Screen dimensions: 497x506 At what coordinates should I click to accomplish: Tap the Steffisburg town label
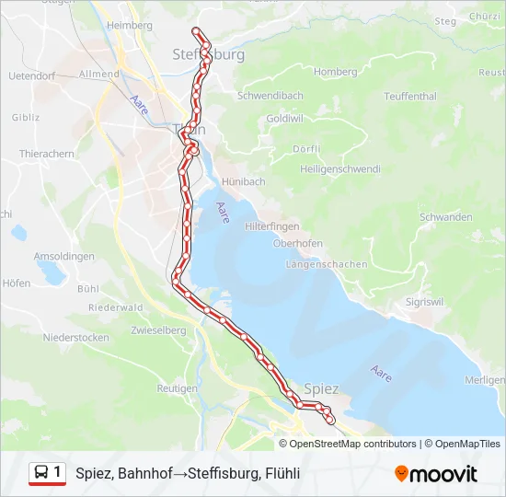click(x=209, y=55)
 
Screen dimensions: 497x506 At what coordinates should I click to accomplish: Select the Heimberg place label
click(x=130, y=25)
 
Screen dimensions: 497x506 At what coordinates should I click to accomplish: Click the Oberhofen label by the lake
click(x=296, y=244)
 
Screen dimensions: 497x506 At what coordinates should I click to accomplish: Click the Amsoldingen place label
click(x=63, y=257)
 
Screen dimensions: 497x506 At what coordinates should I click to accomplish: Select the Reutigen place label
click(x=177, y=389)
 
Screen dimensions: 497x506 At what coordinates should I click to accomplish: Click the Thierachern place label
click(x=46, y=155)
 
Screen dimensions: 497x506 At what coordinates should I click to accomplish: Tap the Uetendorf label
click(x=31, y=76)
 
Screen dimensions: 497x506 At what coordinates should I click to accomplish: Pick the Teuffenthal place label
click(x=410, y=96)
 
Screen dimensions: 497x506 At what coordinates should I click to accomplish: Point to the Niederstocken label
click(x=75, y=338)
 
